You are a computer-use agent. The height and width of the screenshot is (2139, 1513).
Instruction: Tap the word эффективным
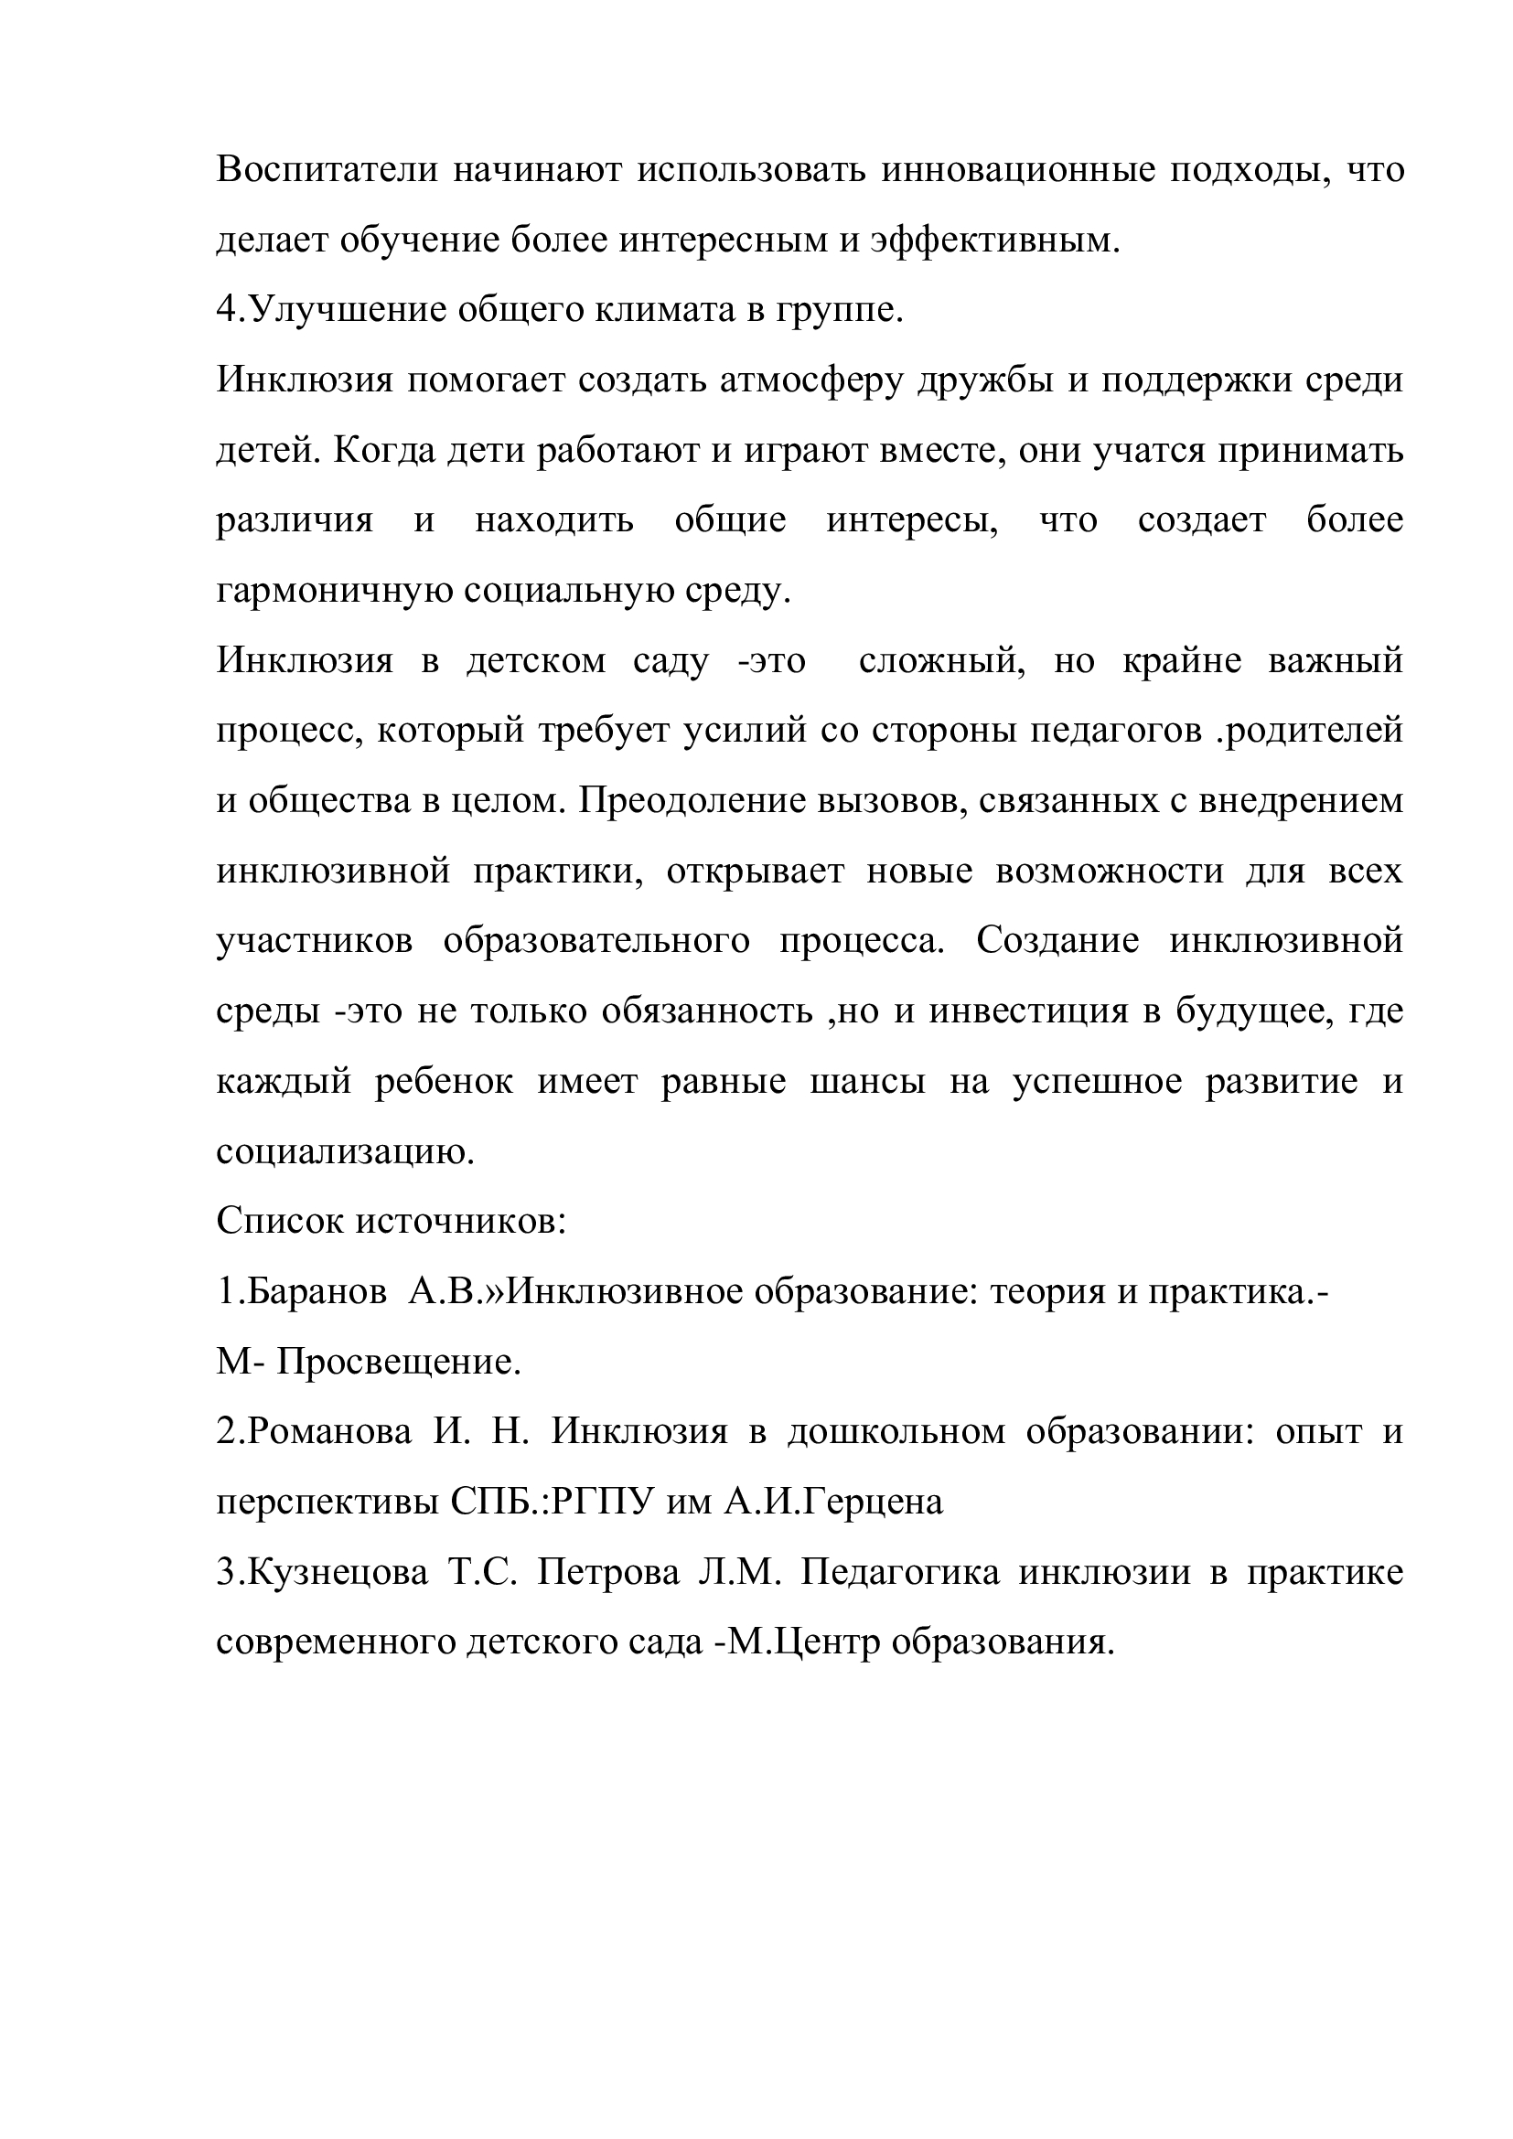click(995, 241)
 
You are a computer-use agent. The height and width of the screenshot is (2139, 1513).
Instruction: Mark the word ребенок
click(445, 1082)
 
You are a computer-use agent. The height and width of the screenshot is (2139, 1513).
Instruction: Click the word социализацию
click(345, 1152)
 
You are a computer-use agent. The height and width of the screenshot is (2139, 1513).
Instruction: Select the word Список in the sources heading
click(279, 1222)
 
